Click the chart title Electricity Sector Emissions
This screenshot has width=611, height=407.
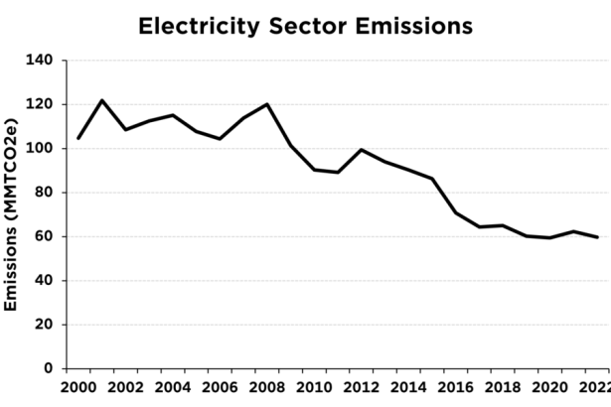[x=305, y=25]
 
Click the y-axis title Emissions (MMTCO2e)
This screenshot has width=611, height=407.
[x=13, y=213]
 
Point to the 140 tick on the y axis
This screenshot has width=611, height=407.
[x=40, y=61]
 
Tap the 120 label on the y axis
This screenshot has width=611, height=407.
[x=40, y=104]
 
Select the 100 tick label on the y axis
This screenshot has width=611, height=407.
[x=40, y=149]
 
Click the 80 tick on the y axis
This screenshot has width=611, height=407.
[x=44, y=193]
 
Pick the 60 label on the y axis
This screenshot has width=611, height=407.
[x=44, y=236]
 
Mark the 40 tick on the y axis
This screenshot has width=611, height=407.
[x=44, y=281]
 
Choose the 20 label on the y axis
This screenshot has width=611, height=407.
[x=44, y=325]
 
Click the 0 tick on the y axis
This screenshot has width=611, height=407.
[x=48, y=368]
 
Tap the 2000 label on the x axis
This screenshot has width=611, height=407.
[x=78, y=388]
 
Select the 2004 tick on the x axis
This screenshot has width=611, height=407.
[x=173, y=388]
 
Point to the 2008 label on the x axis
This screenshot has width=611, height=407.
[x=267, y=388]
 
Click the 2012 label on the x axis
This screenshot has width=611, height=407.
[x=362, y=388]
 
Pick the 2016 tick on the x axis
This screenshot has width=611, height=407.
[x=456, y=388]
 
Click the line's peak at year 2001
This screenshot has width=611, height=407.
[x=102, y=100]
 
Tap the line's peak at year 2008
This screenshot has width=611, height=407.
[x=267, y=104]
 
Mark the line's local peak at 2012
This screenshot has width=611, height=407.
[x=362, y=150]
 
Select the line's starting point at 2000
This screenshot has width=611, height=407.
[x=78, y=138]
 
